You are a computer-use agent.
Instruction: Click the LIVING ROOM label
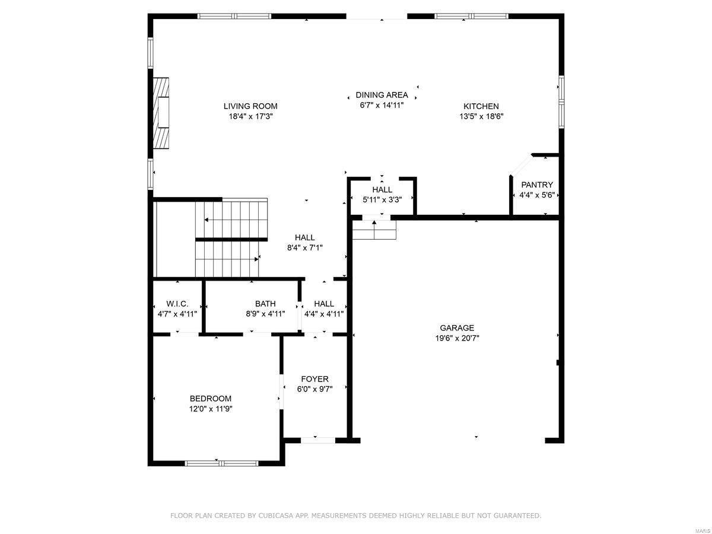[x=250, y=106]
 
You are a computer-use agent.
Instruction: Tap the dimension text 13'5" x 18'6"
[x=481, y=116]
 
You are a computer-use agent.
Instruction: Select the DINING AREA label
[x=382, y=95]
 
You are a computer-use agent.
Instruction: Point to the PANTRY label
[x=537, y=185]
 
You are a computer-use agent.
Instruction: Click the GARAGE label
[x=457, y=328]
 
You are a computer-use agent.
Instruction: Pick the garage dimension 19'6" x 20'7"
[x=457, y=338]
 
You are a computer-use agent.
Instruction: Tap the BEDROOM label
[x=211, y=398]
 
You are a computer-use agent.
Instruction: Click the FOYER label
[x=314, y=379]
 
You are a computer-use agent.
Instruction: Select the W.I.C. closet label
[x=177, y=303]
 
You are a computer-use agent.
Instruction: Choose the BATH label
[x=265, y=303]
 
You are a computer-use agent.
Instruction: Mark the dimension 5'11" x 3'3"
[x=382, y=200]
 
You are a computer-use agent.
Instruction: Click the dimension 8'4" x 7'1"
[x=304, y=248]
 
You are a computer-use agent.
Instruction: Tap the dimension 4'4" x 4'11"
[x=324, y=314]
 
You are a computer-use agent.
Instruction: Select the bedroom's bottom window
[x=221, y=463]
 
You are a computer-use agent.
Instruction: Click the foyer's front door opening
[x=319, y=440]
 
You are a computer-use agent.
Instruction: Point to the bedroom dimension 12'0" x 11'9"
[x=211, y=409]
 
